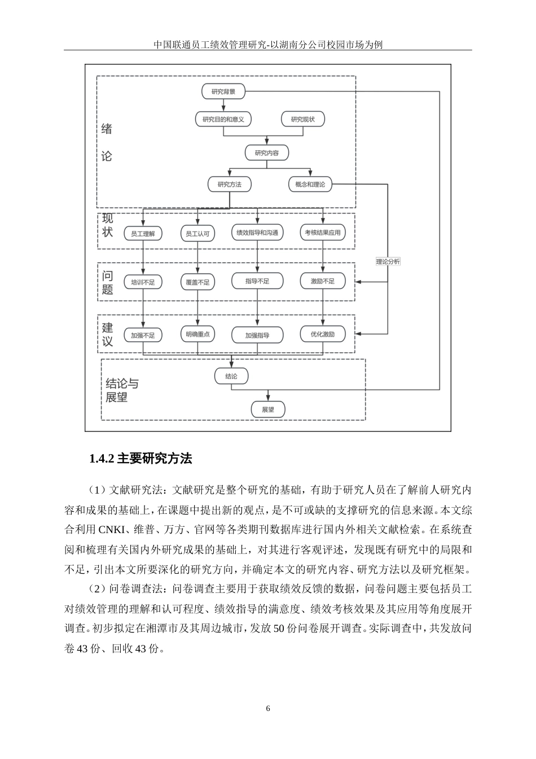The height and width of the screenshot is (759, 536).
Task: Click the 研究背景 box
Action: pyautogui.click(x=223, y=91)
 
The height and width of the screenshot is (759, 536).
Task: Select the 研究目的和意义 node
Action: pyautogui.click(x=223, y=119)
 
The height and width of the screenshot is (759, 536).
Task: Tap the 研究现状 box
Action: pyautogui.click(x=302, y=119)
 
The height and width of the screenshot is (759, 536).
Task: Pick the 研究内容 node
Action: pyautogui.click(x=266, y=152)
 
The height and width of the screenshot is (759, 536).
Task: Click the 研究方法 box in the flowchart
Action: pyautogui.click(x=230, y=184)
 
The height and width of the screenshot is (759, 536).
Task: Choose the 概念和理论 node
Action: pyautogui.click(x=310, y=184)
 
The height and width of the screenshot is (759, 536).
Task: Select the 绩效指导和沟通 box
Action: pyautogui.click(x=257, y=232)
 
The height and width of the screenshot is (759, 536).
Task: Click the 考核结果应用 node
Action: pyautogui.click(x=323, y=232)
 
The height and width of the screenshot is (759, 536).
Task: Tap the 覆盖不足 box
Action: pyautogui.click(x=197, y=282)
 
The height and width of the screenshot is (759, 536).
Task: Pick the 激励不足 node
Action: pyautogui.click(x=323, y=281)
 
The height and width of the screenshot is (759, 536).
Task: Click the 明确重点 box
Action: pyautogui.click(x=197, y=334)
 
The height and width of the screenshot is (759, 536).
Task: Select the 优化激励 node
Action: pyautogui.click(x=323, y=334)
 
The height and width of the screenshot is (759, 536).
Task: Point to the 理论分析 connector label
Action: pyautogui.click(x=388, y=261)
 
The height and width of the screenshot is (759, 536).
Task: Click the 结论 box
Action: pyautogui.click(x=231, y=376)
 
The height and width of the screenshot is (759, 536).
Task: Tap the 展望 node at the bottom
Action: pyautogui.click(x=267, y=409)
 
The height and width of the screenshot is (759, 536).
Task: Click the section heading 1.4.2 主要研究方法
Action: pyautogui.click(x=140, y=459)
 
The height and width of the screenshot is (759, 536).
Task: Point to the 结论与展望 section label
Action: pyautogui.click(x=122, y=390)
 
